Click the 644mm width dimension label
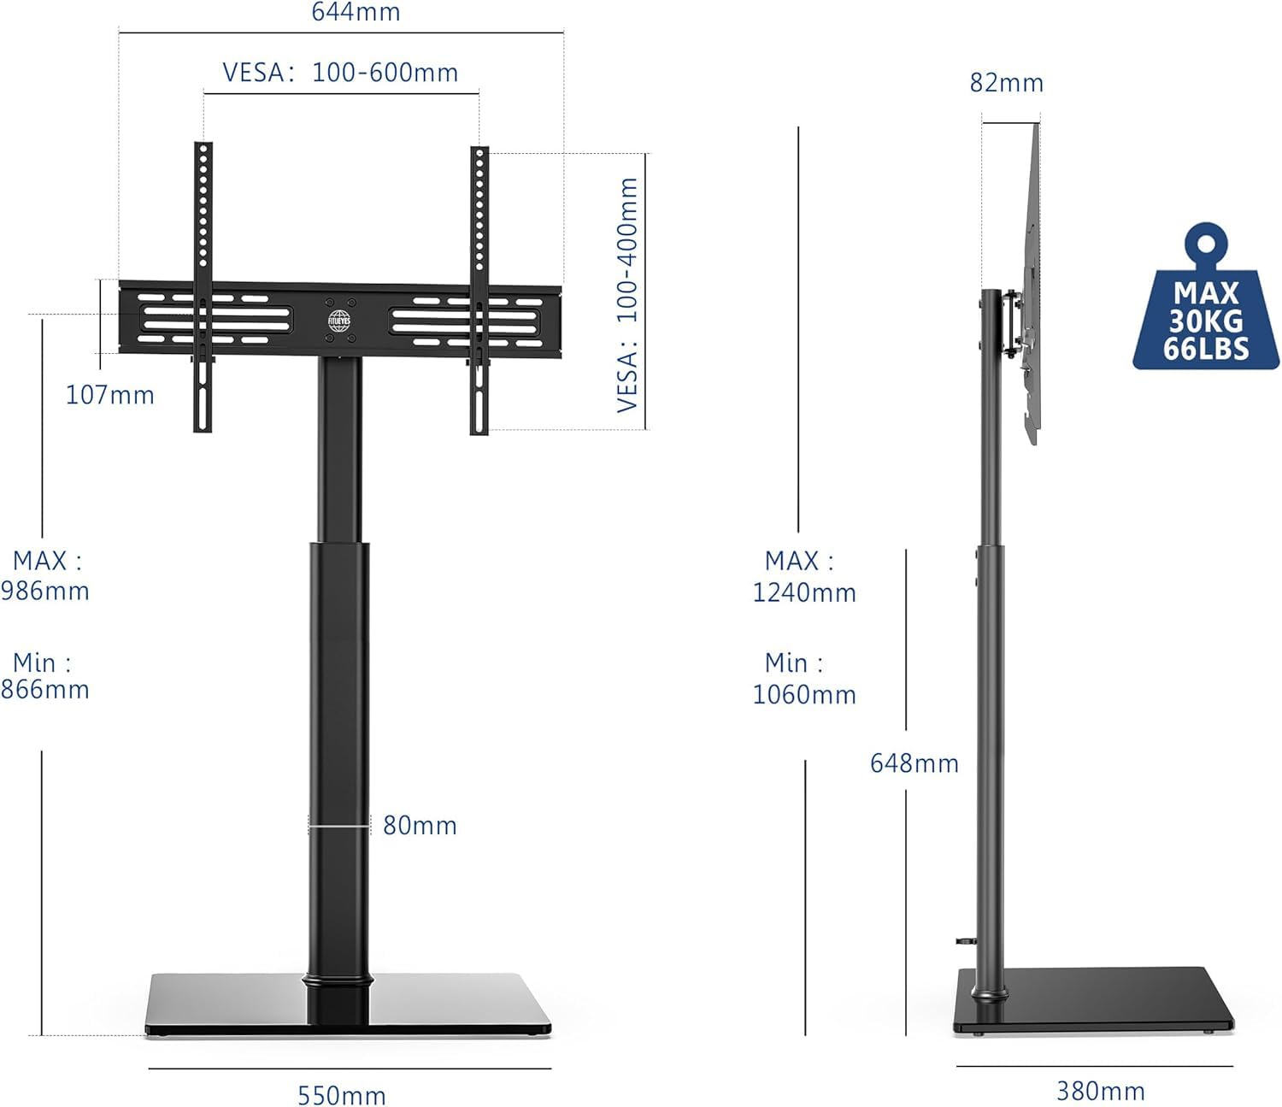(356, 12)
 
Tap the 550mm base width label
(342, 1095)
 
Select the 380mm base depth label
(1101, 1090)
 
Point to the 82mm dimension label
(1007, 83)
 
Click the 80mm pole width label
(420, 825)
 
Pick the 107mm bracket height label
(109, 395)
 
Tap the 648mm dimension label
(914, 763)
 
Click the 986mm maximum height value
(45, 591)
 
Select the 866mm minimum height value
(45, 689)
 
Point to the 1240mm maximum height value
(804, 592)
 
